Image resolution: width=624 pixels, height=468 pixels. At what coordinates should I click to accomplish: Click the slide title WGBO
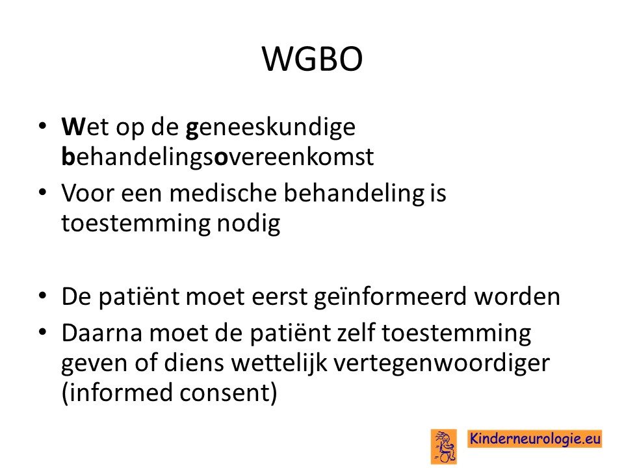click(313, 59)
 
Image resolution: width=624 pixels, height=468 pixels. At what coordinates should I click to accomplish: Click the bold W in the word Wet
click(73, 127)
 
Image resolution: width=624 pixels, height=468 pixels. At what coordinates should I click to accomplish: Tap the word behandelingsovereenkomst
click(218, 157)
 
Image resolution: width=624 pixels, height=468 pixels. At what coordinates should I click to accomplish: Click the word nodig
click(248, 224)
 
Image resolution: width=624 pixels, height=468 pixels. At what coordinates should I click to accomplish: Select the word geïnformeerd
click(390, 297)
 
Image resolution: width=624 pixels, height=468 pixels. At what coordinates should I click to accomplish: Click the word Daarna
click(102, 333)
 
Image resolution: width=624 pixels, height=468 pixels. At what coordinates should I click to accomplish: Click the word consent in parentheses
click(228, 393)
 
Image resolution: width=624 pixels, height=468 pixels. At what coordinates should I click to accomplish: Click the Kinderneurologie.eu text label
click(534, 439)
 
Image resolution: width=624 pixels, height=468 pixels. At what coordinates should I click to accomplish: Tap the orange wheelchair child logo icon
click(443, 446)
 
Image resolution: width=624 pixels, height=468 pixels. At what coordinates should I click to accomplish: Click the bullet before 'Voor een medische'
click(43, 192)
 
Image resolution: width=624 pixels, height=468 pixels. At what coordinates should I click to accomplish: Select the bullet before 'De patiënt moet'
click(43, 296)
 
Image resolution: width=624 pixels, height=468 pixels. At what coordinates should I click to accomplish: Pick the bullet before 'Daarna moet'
click(43, 332)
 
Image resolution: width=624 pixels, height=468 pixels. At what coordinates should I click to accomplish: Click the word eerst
click(279, 297)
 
